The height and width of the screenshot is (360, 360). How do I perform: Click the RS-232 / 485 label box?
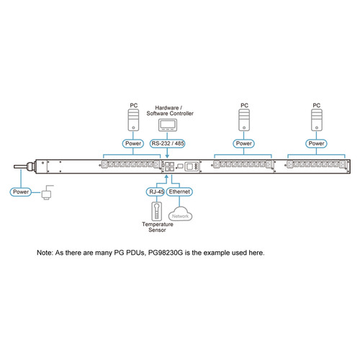pyautogui.click(x=170, y=143)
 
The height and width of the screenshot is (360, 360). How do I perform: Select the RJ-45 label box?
pyautogui.click(x=156, y=192)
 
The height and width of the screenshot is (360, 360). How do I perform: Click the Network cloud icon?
pyautogui.click(x=180, y=215)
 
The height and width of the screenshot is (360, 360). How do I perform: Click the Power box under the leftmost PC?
pyautogui.click(x=133, y=143)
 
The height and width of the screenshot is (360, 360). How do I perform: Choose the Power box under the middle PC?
pyautogui.click(x=244, y=143)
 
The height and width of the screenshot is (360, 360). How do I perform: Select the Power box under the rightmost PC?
pyautogui.click(x=316, y=143)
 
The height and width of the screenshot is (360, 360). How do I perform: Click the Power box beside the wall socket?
pyautogui.click(x=22, y=192)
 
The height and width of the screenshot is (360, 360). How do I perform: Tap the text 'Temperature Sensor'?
pyautogui.click(x=156, y=228)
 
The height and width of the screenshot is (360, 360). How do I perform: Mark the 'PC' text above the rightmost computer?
pyautogui.click(x=316, y=106)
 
